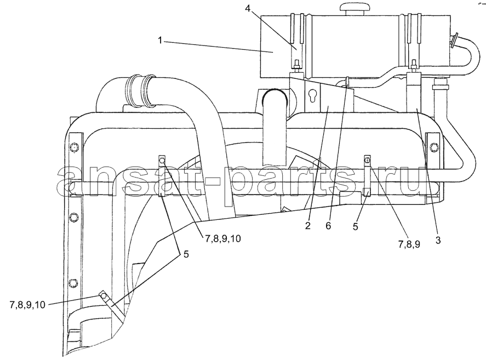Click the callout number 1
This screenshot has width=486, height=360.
160,41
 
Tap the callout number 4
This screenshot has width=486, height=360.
247,9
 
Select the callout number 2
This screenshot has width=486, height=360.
307,226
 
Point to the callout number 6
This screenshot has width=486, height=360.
329,226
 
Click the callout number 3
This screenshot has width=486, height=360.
438,241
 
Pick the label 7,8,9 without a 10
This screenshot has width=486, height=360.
409,244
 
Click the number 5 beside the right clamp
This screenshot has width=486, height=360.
355,227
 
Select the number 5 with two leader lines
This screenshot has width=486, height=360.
186,254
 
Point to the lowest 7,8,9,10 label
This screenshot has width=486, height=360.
27,305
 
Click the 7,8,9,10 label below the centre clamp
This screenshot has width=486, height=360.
222,238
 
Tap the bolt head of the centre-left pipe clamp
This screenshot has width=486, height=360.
162,161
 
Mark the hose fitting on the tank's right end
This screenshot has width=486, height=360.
454,41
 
